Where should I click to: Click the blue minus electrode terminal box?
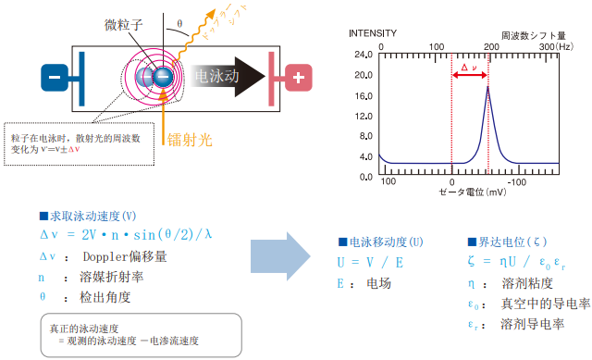pos(55,78)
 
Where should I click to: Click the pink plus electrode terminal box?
pos(298,78)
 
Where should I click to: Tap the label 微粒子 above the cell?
pos(123,25)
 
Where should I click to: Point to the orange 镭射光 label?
pos(190,140)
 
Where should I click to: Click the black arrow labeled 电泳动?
pos(228,77)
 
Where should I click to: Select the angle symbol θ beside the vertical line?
pos(179,23)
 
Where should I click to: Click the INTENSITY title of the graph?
pos(373,33)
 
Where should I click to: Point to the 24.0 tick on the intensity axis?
pos(364,55)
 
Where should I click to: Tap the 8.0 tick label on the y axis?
pos(366,136)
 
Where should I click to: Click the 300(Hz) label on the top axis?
pos(556,46)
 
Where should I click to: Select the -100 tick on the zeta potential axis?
pos(516,182)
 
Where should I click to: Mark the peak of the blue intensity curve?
pos(487,87)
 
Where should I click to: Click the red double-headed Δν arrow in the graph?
pos(470,75)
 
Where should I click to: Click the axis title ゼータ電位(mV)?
pos(473,192)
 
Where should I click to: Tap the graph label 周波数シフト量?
pos(534,36)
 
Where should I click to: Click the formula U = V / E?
pos(370,262)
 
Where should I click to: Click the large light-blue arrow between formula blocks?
pos(280,256)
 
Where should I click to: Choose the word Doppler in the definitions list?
pos(102,257)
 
